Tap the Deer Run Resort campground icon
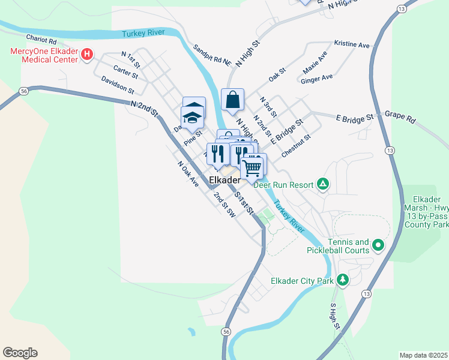[x=323, y=184]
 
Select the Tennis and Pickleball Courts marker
[x=378, y=245]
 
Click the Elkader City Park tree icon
[x=342, y=280]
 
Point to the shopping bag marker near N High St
[x=232, y=100]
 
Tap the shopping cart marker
[x=253, y=167]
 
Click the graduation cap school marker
[x=193, y=116]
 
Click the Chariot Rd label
[x=41, y=42]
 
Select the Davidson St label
[x=117, y=85]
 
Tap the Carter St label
[x=125, y=73]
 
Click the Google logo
[x=20, y=353]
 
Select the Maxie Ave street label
[x=315, y=62]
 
